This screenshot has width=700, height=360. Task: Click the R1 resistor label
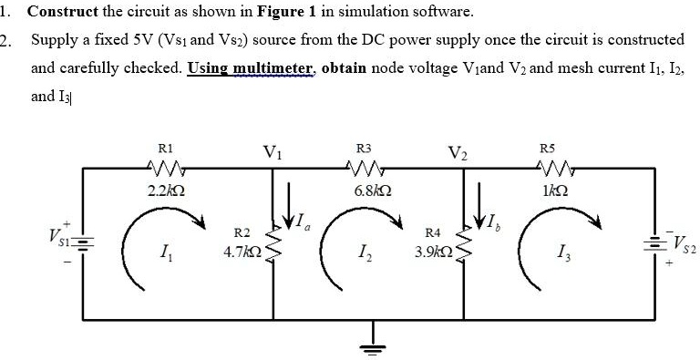(x=165, y=147)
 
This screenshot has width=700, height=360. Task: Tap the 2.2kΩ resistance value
(x=166, y=190)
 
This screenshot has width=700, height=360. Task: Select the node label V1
(x=272, y=151)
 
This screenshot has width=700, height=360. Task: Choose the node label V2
(x=458, y=151)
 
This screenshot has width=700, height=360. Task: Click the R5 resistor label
(x=547, y=147)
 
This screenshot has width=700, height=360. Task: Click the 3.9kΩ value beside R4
(x=432, y=251)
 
